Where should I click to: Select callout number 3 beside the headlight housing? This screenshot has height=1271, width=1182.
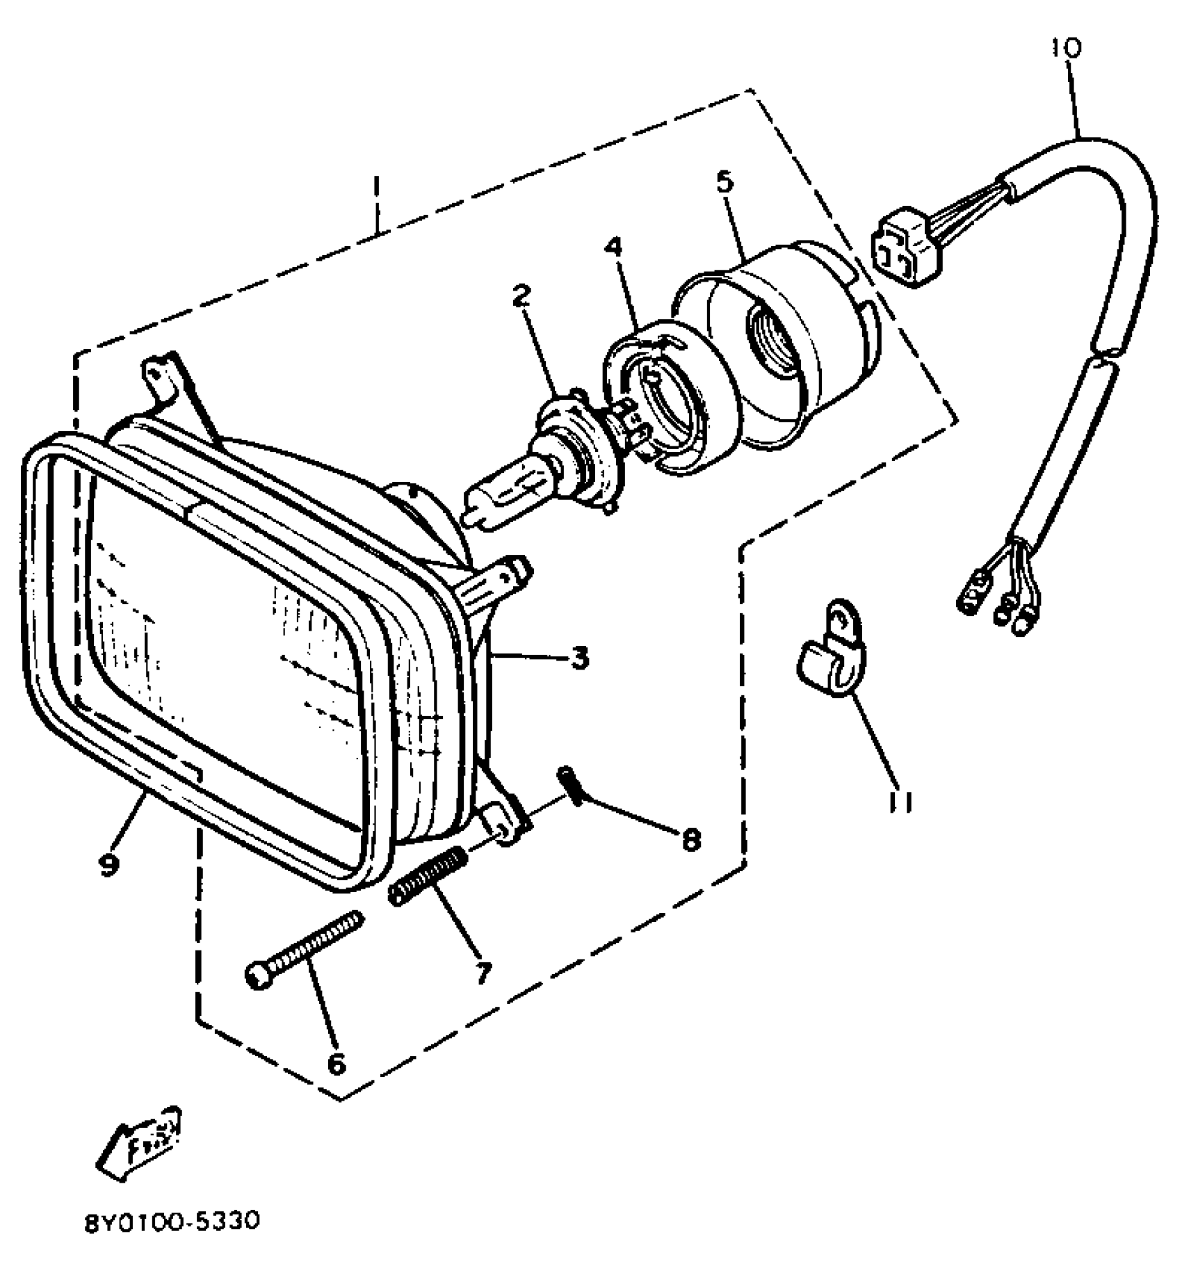(579, 657)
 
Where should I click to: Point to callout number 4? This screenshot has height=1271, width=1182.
(614, 248)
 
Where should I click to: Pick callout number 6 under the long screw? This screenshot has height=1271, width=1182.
(336, 1062)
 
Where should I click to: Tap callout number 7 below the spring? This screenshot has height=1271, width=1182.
(482, 971)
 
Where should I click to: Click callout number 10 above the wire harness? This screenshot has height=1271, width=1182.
(1066, 48)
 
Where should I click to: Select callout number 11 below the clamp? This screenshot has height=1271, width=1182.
(900, 801)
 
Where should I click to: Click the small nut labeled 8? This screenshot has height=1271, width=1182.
(571, 784)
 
